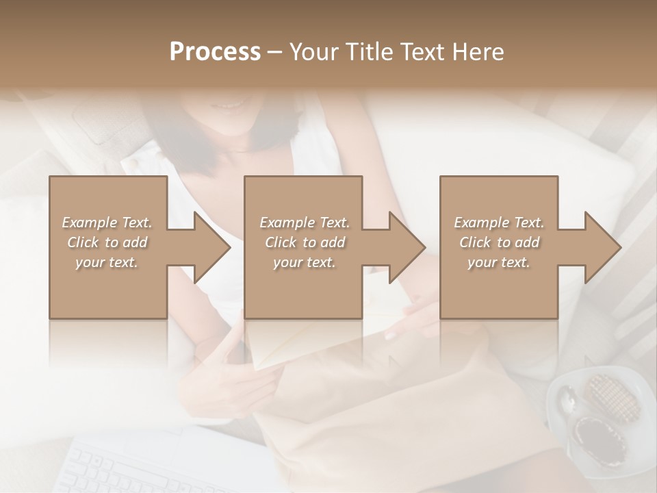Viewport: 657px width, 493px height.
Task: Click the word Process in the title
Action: click(215, 51)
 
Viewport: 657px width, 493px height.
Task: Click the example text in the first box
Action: click(107, 242)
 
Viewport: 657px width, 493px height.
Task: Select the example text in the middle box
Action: click(304, 242)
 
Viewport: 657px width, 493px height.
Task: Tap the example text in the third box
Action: click(499, 242)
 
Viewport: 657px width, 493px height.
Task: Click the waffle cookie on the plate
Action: click(611, 397)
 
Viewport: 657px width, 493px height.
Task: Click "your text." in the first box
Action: click(107, 262)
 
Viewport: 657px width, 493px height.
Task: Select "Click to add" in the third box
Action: click(499, 242)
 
